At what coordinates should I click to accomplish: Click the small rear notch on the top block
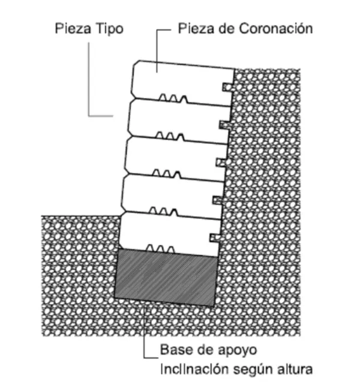coord(226,86)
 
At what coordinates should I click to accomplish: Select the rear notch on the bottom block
coord(215,236)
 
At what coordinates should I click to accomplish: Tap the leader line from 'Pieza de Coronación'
coord(157,42)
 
